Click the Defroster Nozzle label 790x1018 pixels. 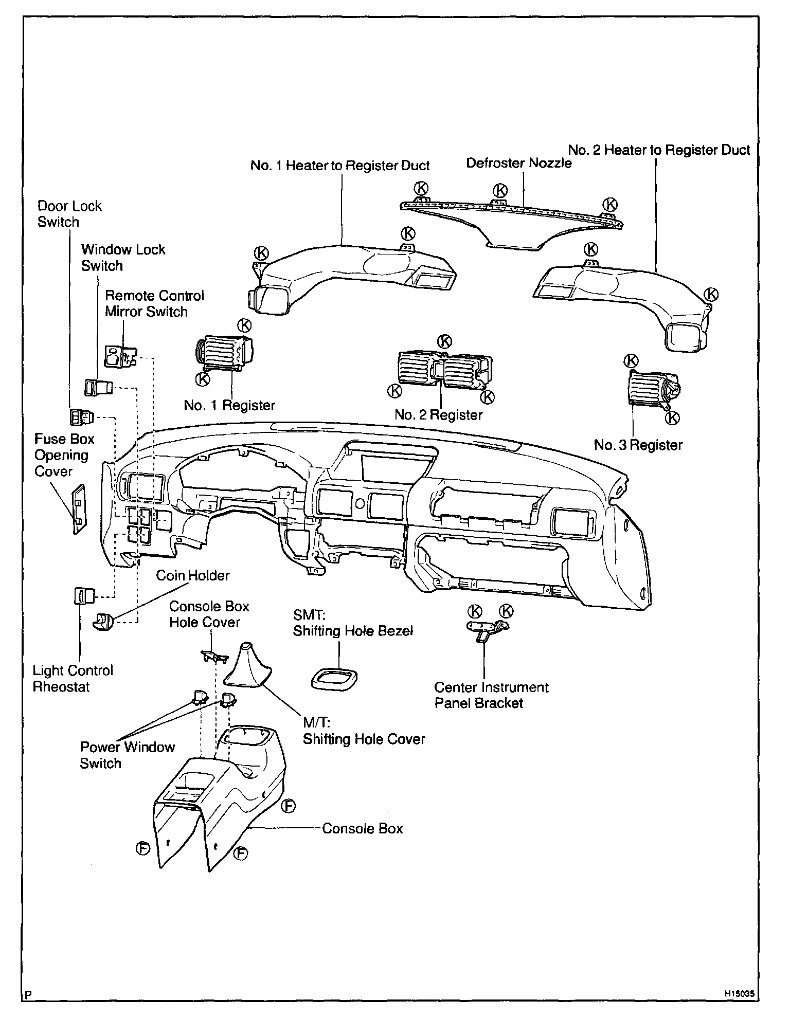pyautogui.click(x=518, y=163)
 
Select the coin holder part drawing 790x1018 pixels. pyautogui.click(x=103, y=622)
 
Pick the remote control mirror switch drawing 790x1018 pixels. pyautogui.click(x=119, y=356)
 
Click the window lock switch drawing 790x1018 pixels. pyautogui.click(x=98, y=386)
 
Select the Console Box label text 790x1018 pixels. pyautogui.click(x=362, y=828)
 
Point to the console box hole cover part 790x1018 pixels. pyautogui.click(x=213, y=656)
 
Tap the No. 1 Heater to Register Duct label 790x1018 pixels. pyautogui.click(x=339, y=166)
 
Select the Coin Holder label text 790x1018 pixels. pyautogui.click(x=193, y=575)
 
